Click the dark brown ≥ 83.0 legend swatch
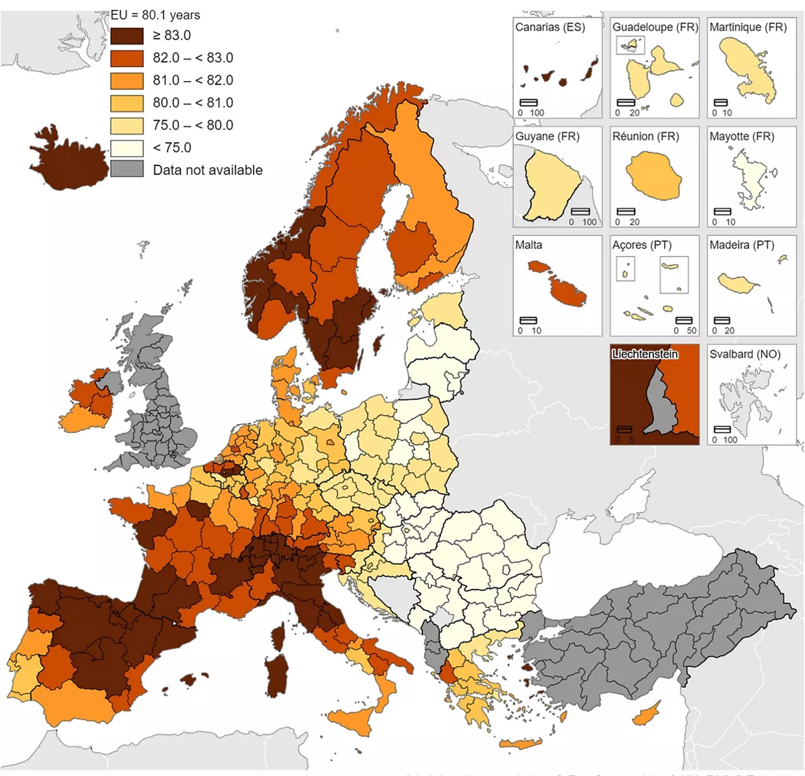click(126, 36)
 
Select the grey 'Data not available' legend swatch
click(126, 170)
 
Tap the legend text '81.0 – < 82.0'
click(192, 80)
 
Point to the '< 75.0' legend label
click(172, 148)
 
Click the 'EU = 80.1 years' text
click(155, 15)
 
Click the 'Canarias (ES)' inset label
click(550, 27)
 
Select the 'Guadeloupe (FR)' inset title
click(655, 27)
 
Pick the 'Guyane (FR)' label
click(547, 136)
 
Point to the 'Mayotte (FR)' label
click(741, 136)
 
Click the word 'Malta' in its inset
click(528, 245)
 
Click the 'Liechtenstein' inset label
click(645, 354)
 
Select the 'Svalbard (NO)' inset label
click(745, 354)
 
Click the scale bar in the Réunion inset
click(626, 212)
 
